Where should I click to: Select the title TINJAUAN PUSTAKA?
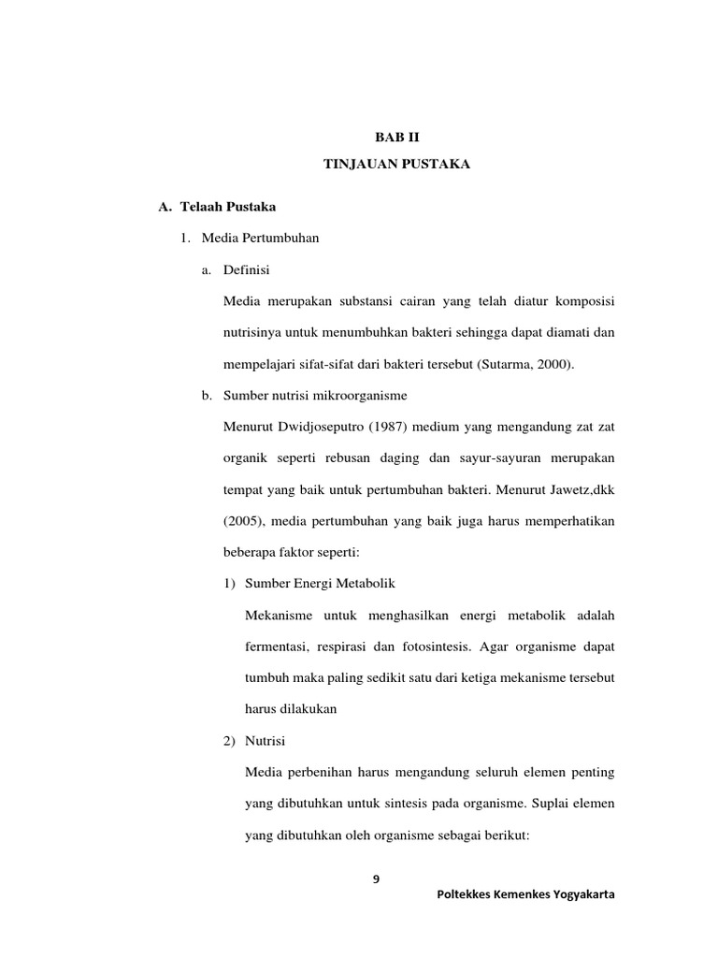396,165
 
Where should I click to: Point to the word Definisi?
247,270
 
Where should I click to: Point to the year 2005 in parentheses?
245,521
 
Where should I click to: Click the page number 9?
377,878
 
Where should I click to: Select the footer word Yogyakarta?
582,894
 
